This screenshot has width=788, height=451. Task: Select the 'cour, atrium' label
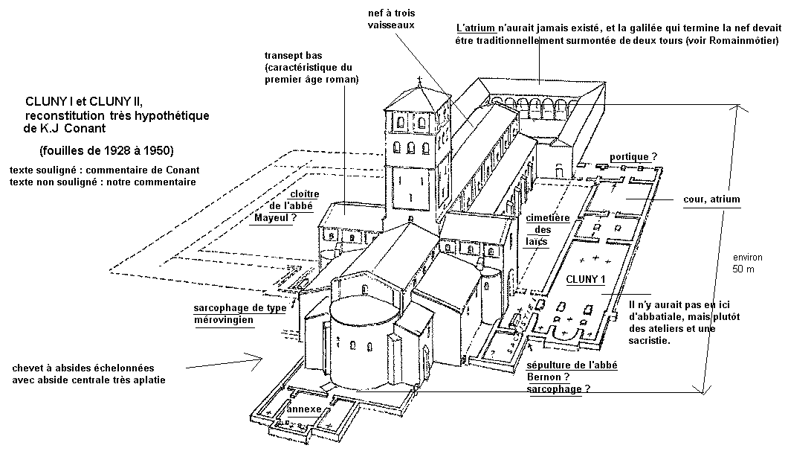click(711, 199)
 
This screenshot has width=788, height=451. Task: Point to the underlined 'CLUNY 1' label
click(587, 279)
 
